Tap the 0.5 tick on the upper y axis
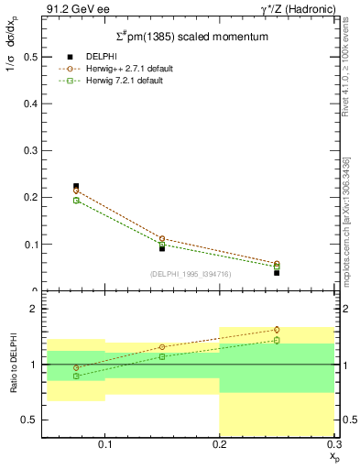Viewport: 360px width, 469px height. tap(28, 57)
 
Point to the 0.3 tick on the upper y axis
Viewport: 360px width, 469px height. tap(28, 150)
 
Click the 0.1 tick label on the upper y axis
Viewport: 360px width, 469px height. tap(28, 245)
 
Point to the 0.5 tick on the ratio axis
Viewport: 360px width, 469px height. tap(28, 420)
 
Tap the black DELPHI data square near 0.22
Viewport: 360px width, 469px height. tap(76, 186)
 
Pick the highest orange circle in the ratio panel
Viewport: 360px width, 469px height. tap(277, 330)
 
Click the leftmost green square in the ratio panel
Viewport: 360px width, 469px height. tap(76, 376)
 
